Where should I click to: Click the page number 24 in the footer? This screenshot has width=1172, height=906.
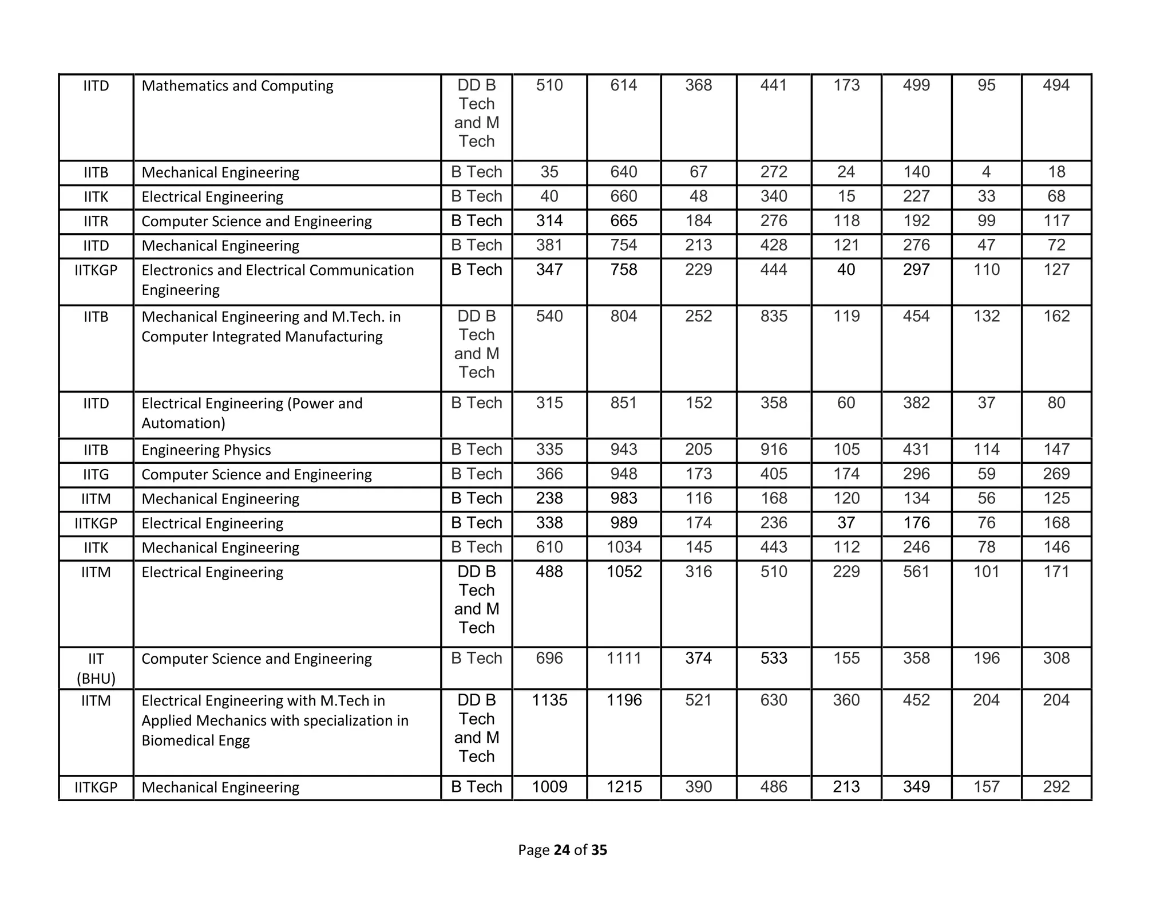[x=561, y=850]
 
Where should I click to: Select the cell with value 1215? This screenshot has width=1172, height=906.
[x=624, y=787]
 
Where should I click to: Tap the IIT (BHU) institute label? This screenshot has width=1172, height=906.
[x=96, y=668]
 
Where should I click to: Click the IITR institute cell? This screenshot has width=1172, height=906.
[x=96, y=221]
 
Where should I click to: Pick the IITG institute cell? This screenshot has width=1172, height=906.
[x=96, y=475]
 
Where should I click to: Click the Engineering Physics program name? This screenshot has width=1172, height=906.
[x=206, y=450]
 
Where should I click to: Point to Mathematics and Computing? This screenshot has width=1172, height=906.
[x=237, y=86]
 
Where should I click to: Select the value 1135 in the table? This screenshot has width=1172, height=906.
[x=549, y=700]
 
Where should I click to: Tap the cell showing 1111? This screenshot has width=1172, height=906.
[x=624, y=659]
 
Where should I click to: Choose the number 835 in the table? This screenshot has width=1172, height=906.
[x=774, y=316]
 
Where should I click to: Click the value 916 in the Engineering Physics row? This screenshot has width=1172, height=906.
[x=774, y=450]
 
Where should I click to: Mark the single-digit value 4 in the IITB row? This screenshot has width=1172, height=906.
[x=986, y=172]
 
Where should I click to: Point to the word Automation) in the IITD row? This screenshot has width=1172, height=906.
[x=183, y=423]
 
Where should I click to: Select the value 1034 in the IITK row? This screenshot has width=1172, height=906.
[x=624, y=547]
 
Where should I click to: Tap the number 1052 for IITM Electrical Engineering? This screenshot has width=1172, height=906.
[x=624, y=572]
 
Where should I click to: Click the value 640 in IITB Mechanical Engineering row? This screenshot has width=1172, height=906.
[x=624, y=172]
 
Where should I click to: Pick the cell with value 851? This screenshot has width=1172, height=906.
[x=624, y=403]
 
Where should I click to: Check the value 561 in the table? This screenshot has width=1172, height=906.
[x=916, y=572]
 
